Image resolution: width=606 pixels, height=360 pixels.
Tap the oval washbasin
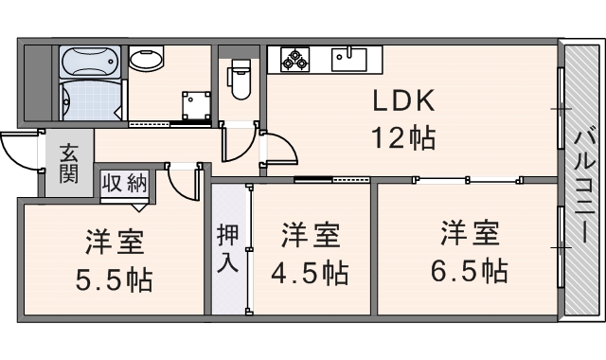pyautogui.click(x=147, y=61)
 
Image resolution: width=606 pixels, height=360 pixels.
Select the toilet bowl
pyautogui.click(x=239, y=78)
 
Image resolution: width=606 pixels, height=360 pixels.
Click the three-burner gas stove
pyautogui.click(x=295, y=59)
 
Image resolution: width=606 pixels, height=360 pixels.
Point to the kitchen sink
pyautogui.click(x=352, y=59)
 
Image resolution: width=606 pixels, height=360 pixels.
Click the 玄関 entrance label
pyautogui.click(x=68, y=163)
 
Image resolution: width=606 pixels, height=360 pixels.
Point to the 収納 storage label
pyautogui.click(x=124, y=183)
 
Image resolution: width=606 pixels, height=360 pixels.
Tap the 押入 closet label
pyautogui.click(x=227, y=248)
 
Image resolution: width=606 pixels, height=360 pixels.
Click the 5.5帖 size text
pyautogui.click(x=114, y=280)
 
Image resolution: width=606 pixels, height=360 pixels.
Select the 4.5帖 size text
pyautogui.click(x=310, y=274)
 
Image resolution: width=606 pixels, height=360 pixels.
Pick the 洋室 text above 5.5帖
pyautogui.click(x=114, y=243)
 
